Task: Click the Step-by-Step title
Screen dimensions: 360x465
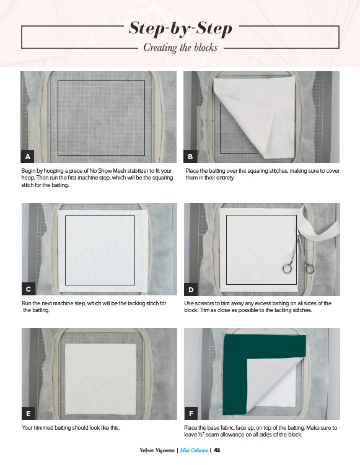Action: tap(180, 28)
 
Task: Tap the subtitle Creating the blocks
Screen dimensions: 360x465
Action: tap(180, 48)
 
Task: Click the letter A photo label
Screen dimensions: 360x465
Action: tap(28, 157)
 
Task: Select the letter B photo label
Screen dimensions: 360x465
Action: tap(190, 157)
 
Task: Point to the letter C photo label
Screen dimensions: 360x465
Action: tap(29, 289)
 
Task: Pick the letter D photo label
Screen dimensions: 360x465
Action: tap(191, 289)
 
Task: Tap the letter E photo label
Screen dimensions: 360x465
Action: tap(29, 414)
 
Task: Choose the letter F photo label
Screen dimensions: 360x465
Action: tap(191, 414)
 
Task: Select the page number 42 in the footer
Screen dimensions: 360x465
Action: tap(217, 450)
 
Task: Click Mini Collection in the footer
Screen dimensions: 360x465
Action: tap(194, 450)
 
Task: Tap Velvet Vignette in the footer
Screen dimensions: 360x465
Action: tap(157, 450)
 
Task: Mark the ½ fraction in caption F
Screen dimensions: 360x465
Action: tap(202, 435)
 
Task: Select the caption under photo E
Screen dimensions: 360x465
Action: tap(71, 428)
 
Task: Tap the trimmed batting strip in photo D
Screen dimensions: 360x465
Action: tap(317, 228)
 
